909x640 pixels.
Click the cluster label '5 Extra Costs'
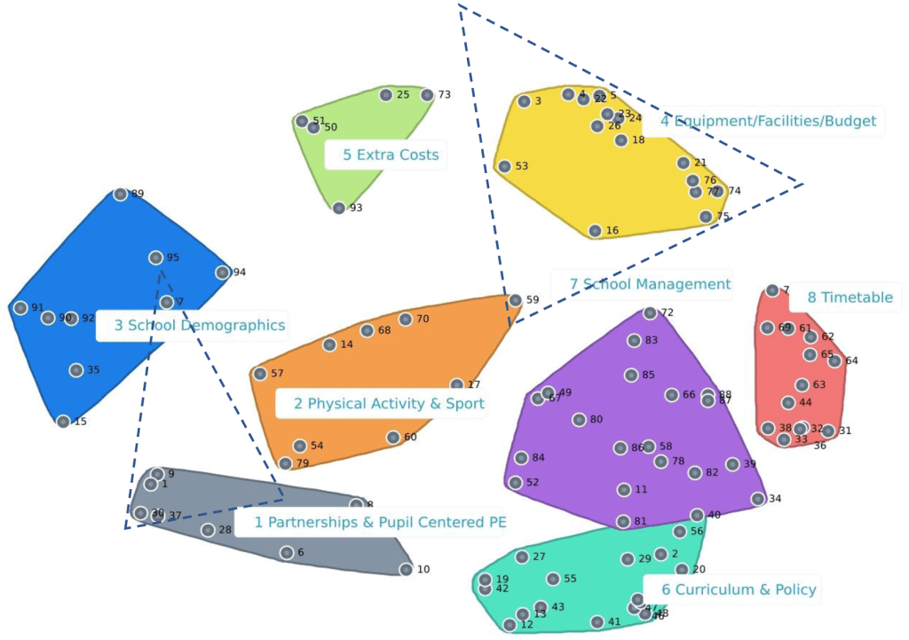click(391, 154)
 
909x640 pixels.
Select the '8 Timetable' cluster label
click(850, 297)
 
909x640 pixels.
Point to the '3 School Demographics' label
click(200, 325)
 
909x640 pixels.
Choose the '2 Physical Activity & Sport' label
click(389, 404)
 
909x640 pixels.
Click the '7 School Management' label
click(650, 284)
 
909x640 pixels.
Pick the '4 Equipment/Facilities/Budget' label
click(768, 121)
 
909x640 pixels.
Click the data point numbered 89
click(121, 194)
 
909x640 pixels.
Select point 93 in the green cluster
click(339, 208)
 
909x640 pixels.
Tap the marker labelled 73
click(427, 95)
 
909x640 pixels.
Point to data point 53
click(504, 166)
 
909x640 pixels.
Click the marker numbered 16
click(595, 231)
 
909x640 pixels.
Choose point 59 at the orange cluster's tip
click(515, 300)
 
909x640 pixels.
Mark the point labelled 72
click(650, 312)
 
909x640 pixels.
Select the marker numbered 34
click(758, 499)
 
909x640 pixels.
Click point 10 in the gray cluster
click(406, 569)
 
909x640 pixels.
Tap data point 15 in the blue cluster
click(63, 422)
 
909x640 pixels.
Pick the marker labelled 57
click(259, 374)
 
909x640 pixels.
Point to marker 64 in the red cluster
click(834, 360)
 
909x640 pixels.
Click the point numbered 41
click(597, 622)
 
